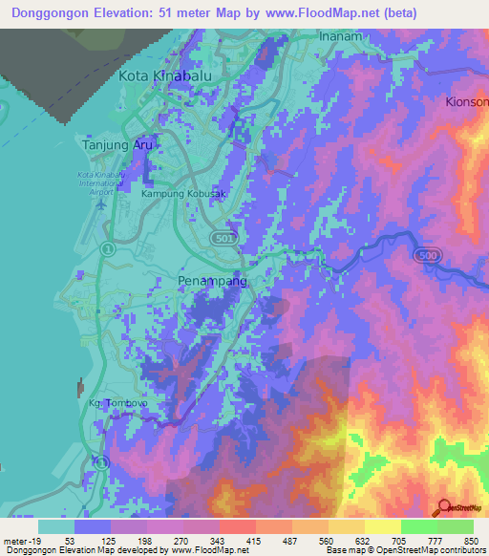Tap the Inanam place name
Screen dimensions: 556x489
(342, 37)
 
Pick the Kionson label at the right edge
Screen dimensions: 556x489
(466, 100)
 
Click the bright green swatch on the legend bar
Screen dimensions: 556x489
(418, 526)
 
